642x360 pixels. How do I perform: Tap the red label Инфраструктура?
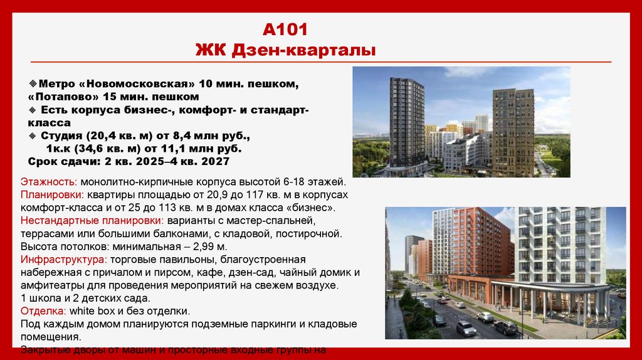[62, 259]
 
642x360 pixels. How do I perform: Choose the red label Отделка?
[43, 311]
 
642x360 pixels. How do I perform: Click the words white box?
[89, 311]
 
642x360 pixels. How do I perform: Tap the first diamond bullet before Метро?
[33, 83]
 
